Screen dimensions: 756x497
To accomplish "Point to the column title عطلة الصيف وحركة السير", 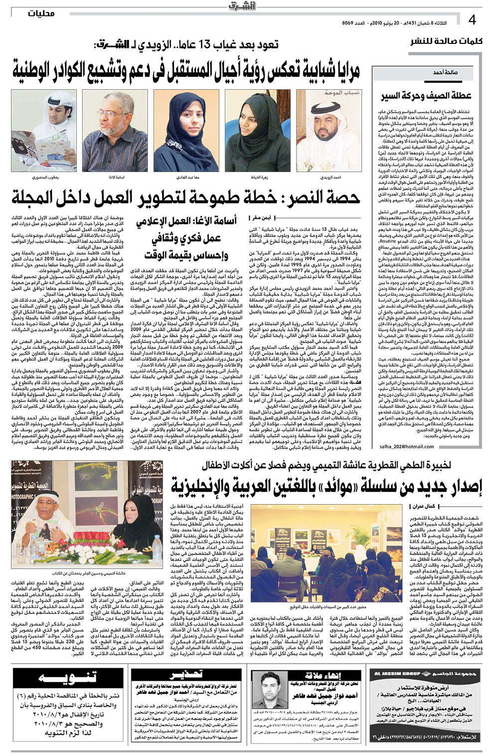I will [x=422, y=95].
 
